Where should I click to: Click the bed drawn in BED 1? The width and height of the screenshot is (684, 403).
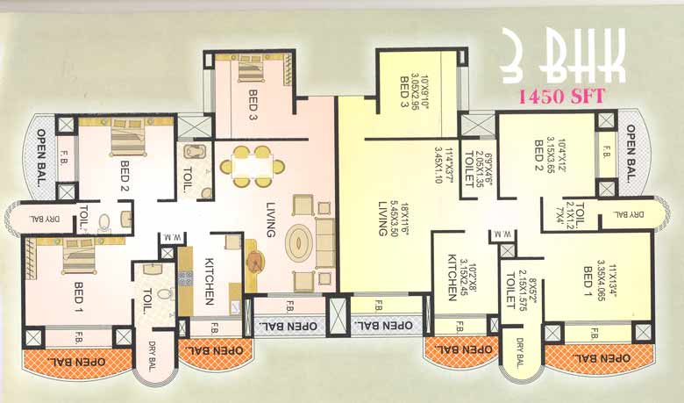pos(75,255)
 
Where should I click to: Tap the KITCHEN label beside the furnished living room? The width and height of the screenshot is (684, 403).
pos(209,279)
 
